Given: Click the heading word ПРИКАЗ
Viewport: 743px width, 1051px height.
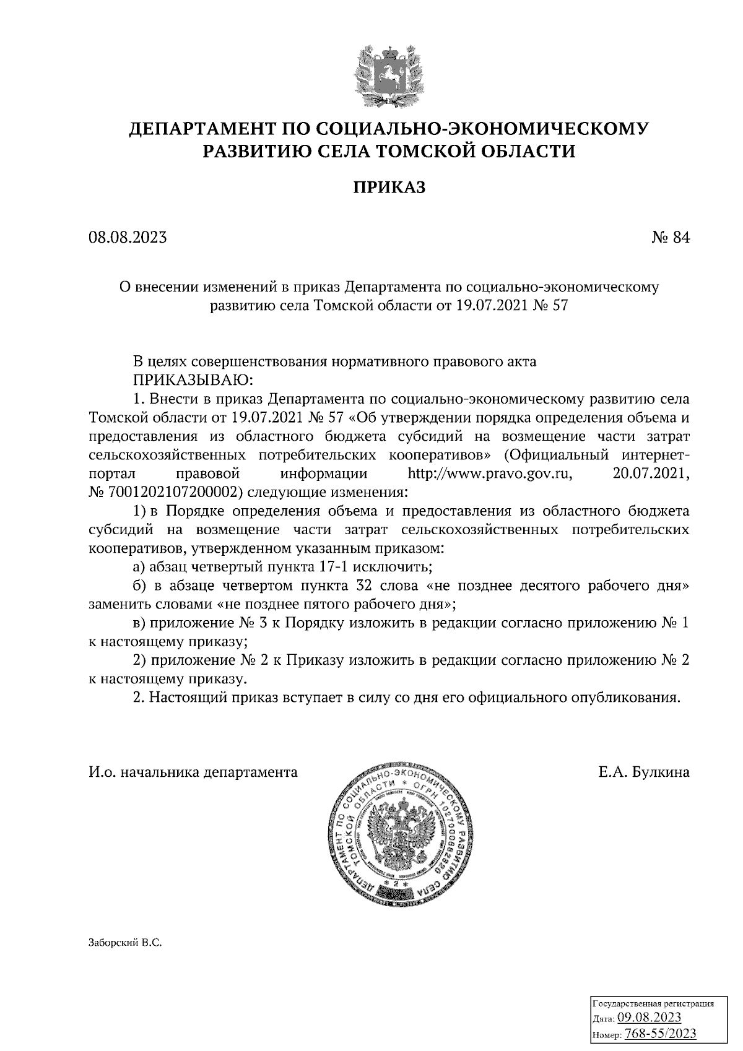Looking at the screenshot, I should click(389, 188).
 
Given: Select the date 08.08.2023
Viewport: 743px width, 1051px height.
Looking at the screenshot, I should click(128, 238).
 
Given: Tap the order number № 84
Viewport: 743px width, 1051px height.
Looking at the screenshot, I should click(670, 238).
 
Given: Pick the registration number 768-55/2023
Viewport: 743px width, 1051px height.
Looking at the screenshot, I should click(661, 1034).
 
